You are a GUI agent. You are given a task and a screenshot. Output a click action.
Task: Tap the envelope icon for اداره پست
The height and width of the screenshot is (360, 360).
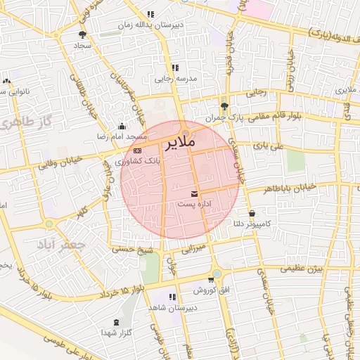pos(195,193)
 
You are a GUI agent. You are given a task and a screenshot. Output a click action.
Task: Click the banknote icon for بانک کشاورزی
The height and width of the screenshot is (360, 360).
pos(137,150)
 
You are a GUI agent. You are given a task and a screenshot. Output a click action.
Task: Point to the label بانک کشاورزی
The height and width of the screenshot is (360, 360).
pos(139,161)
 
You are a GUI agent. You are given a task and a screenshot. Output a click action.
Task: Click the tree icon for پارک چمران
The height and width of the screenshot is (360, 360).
pos(224,107)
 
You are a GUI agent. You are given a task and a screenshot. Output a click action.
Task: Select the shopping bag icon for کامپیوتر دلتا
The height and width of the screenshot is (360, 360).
pos(252,213)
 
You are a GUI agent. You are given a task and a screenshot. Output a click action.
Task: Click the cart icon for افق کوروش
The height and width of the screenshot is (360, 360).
pos(210,279)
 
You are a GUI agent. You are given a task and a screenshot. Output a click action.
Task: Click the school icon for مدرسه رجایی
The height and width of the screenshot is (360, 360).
pos(175,68)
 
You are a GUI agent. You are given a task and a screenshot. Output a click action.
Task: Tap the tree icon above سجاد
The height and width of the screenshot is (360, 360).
pos(82,34)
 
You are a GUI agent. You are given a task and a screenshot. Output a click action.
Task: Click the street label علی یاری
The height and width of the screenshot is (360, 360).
pos(269,146)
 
